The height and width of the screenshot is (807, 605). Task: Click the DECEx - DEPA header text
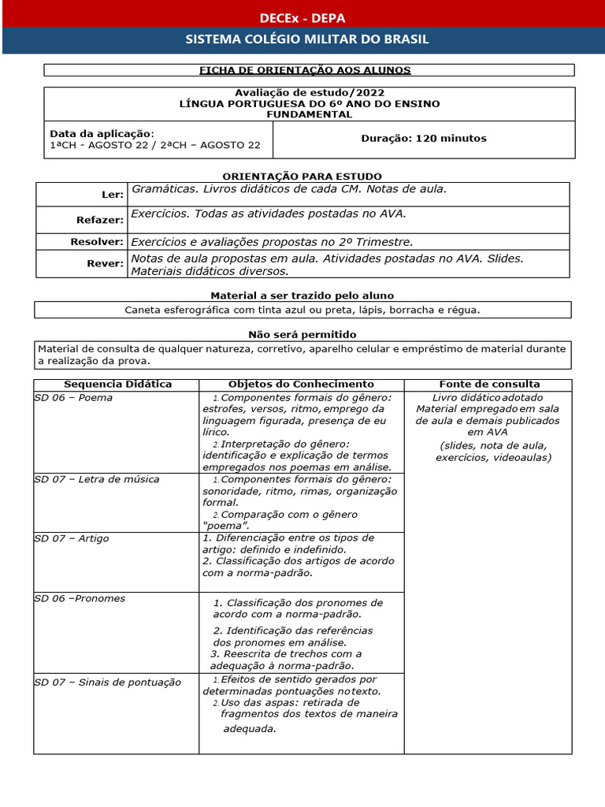pyautogui.click(x=302, y=18)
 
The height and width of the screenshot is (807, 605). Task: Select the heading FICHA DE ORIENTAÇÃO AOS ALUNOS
pyautogui.click(x=304, y=70)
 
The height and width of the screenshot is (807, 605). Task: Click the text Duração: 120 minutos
pyautogui.click(x=423, y=138)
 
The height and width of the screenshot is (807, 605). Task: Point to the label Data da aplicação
pyautogui.click(x=102, y=133)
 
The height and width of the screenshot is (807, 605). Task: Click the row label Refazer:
pyautogui.click(x=100, y=220)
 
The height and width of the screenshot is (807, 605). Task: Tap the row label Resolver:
pyautogui.click(x=97, y=242)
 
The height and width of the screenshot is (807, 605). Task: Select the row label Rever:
pyautogui.click(x=106, y=263)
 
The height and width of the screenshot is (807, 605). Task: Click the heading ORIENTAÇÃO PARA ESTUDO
pyautogui.click(x=303, y=176)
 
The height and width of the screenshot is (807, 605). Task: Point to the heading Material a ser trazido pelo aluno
pyautogui.click(x=303, y=295)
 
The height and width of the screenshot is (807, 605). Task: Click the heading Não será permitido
pyautogui.click(x=302, y=334)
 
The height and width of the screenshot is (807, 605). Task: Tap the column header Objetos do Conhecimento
pyautogui.click(x=301, y=384)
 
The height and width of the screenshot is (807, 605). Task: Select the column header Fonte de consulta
pyautogui.click(x=489, y=384)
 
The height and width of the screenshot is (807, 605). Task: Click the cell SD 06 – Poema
pyautogui.click(x=73, y=397)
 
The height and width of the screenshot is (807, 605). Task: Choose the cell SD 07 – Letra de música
pyautogui.click(x=97, y=479)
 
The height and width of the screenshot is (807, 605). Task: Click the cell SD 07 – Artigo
pyautogui.click(x=72, y=538)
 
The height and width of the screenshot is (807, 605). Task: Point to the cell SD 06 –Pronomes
pyautogui.click(x=80, y=598)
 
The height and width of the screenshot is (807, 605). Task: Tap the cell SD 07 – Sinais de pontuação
pyautogui.click(x=107, y=682)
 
